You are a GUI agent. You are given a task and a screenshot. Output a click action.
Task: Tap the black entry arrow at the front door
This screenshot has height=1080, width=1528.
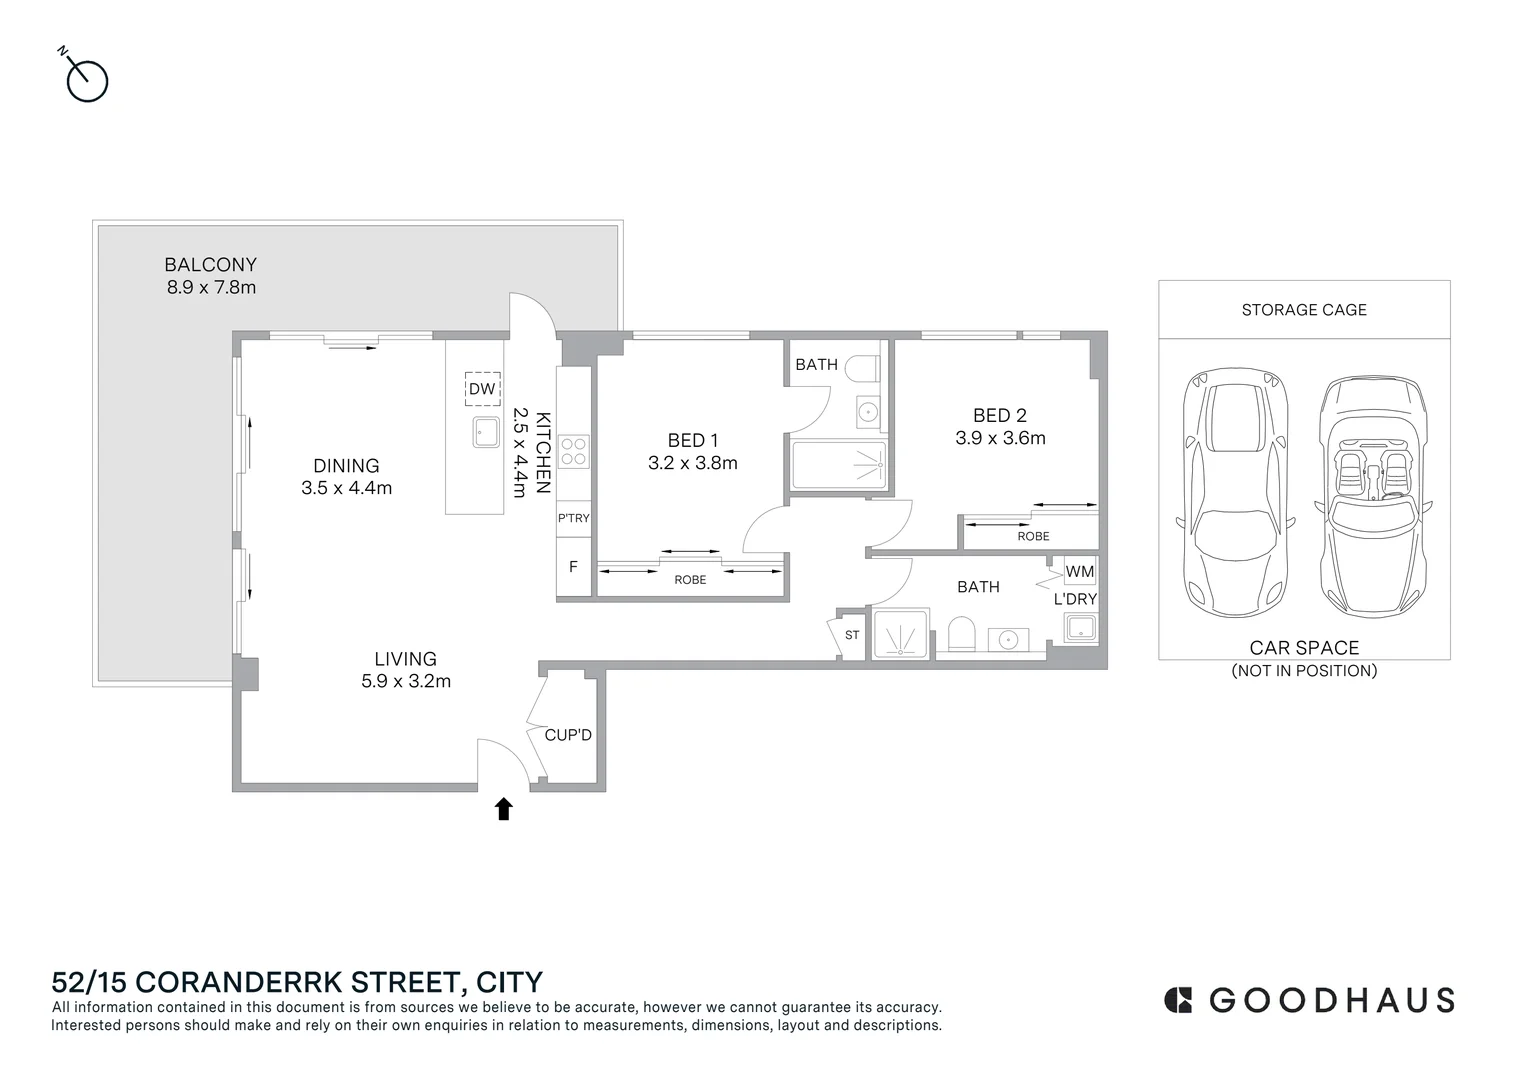pos(503,808)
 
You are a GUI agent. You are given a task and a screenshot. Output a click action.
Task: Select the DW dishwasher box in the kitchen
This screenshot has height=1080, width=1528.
pos(482,389)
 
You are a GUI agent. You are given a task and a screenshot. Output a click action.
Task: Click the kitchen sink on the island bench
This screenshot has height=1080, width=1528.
pos(486,433)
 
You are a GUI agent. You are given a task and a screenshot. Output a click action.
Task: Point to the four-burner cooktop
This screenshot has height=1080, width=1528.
pos(573,451)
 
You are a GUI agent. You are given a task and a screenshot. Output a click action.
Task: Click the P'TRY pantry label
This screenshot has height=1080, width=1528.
pos(573,518)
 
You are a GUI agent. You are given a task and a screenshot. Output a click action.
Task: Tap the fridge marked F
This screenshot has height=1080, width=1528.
pos(573,566)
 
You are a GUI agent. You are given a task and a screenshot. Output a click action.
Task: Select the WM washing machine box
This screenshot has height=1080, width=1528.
pos(1079,572)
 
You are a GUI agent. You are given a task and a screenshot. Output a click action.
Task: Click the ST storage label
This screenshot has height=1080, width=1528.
pos(852,635)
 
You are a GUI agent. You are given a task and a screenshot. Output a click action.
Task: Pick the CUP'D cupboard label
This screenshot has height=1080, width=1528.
pos(568,735)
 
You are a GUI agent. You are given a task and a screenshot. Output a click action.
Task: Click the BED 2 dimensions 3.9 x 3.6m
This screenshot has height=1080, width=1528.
pos(1000,438)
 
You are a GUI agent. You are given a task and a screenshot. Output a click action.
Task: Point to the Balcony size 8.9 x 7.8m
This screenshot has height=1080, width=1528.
pos(211,287)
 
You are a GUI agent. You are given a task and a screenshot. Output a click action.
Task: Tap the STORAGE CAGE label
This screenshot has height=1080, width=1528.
pos(1304,310)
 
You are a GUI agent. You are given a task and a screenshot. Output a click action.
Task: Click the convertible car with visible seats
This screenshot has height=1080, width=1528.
pos(1372,497)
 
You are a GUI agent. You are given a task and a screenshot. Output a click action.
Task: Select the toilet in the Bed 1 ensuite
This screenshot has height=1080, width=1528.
pos(862,368)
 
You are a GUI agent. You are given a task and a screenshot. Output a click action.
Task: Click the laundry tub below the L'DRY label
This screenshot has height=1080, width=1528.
pos(1081,627)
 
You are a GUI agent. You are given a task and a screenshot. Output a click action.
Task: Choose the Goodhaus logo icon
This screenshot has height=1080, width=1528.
pos(1178,1000)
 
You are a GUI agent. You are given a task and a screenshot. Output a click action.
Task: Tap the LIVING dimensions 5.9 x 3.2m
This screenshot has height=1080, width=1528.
pos(406,681)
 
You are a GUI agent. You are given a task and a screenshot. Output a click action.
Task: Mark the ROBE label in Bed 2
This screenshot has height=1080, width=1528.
pos(1033,536)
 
